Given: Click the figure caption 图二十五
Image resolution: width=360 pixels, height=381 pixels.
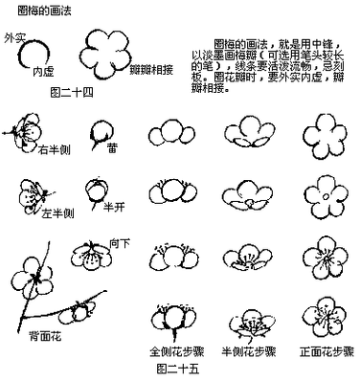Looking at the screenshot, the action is [x=176, y=366].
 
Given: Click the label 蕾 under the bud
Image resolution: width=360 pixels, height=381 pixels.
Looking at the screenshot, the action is [x=112, y=148].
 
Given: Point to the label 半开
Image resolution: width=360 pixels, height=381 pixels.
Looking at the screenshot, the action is [x=114, y=206].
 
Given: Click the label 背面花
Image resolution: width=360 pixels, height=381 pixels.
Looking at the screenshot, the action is [x=46, y=337].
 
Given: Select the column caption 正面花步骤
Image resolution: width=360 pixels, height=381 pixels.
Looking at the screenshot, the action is [x=321, y=351].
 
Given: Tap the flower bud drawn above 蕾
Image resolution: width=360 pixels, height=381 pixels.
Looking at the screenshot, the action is [x=101, y=129].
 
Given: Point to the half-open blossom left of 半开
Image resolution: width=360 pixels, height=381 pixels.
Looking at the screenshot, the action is [x=95, y=190].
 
